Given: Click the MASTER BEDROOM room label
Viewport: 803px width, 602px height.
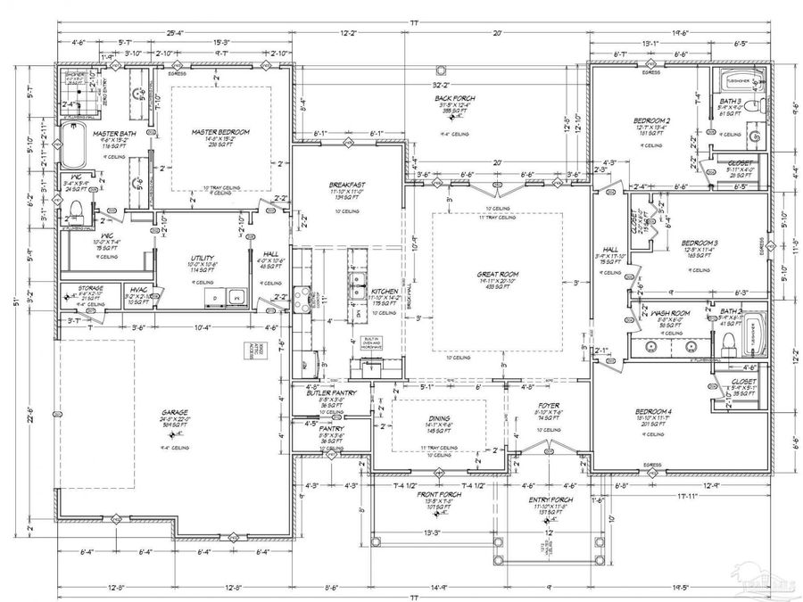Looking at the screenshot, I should click(220, 132).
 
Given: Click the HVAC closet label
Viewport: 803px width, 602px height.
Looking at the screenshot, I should click(138, 290).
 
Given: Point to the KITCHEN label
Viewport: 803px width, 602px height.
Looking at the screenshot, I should click(384, 292).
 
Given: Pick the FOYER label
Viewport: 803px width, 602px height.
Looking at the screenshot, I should click(548, 406).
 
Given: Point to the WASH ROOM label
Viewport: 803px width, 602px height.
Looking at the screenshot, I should click(668, 314).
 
